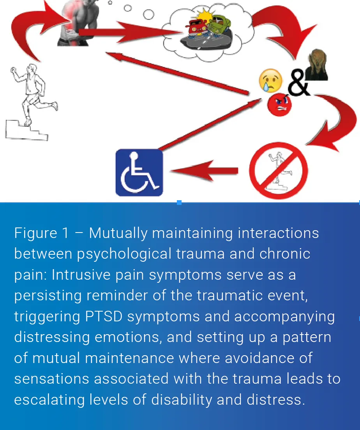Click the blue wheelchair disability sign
point(139,173)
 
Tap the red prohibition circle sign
point(278,171)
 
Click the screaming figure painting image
point(316,67)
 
